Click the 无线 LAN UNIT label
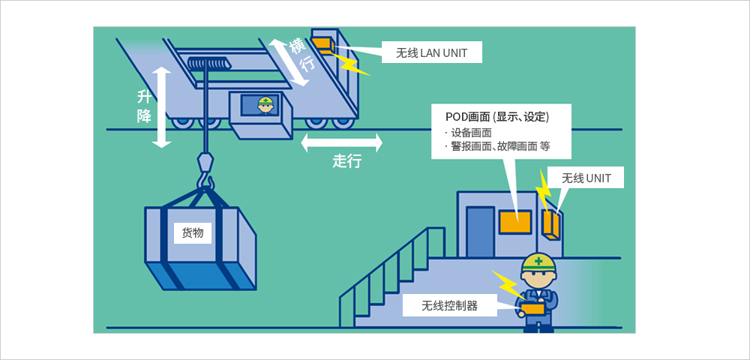coord(431,53)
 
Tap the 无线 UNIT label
coord(586,178)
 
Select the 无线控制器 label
coord(449,305)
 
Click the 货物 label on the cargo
coord(193,232)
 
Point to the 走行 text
coord(346,161)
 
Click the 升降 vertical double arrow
coord(162,107)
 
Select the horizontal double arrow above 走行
coord(342,142)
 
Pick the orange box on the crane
coord(322,43)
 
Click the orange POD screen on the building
coord(515,222)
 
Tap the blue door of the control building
coord(480,232)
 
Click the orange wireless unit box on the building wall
coord(551,223)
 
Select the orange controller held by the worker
coord(532,309)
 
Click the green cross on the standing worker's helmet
coord(539,261)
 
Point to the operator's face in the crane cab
coord(265,108)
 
